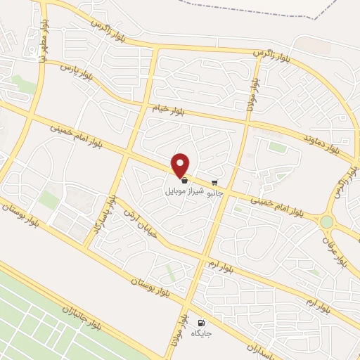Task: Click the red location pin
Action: tap(181, 165)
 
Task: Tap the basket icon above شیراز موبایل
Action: tap(184, 181)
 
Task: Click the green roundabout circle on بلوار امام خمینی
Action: tap(326, 221)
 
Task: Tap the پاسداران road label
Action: tap(264, 347)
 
